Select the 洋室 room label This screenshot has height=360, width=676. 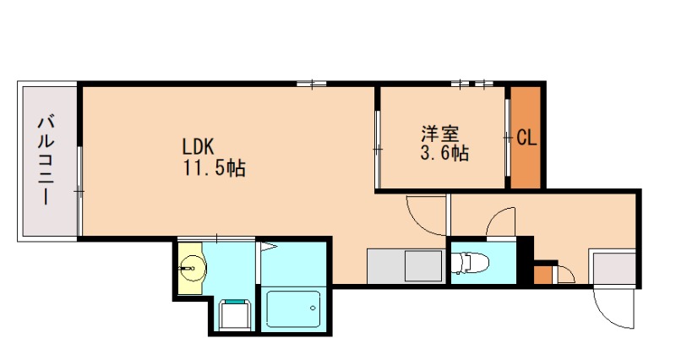pos(439,134)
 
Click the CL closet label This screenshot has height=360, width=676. pos(526,137)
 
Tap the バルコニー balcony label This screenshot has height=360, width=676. pos(45,161)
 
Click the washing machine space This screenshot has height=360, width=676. pos(235,314)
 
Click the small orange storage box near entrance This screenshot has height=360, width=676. pos(542,275)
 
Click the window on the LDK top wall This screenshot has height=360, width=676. pos(312,84)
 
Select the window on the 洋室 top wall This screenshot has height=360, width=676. pos(472,84)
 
